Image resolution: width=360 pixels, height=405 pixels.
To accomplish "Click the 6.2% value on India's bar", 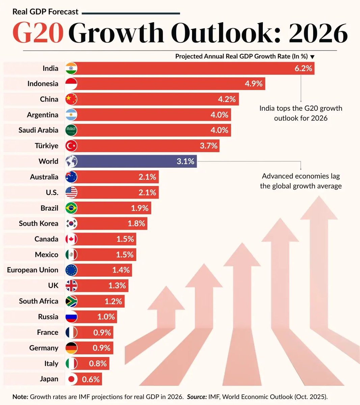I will click(x=303, y=69).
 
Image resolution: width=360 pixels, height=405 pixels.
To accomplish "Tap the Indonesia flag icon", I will click(x=71, y=84).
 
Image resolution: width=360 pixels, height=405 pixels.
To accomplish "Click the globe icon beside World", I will click(x=71, y=161).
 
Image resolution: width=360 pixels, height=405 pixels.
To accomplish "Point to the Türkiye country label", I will click(x=46, y=146).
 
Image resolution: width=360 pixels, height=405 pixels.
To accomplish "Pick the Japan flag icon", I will click(x=71, y=379).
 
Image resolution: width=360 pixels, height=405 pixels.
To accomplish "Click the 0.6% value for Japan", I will click(x=91, y=379).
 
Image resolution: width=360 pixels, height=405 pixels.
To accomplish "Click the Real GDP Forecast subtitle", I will click(x=45, y=12).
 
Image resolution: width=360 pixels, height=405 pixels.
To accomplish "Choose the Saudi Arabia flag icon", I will click(x=71, y=130).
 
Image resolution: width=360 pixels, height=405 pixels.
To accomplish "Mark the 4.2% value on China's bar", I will click(x=227, y=99).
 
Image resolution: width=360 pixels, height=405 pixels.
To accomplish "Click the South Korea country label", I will click(x=38, y=223).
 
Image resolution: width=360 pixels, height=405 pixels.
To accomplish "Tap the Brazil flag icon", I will click(x=71, y=208).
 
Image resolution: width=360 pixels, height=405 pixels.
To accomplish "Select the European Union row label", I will click(x=32, y=270).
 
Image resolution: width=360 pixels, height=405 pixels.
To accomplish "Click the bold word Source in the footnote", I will click(x=197, y=397).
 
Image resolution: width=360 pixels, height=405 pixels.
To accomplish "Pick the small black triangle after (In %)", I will click(x=312, y=57).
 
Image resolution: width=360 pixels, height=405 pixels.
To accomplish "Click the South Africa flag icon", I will click(x=71, y=301).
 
